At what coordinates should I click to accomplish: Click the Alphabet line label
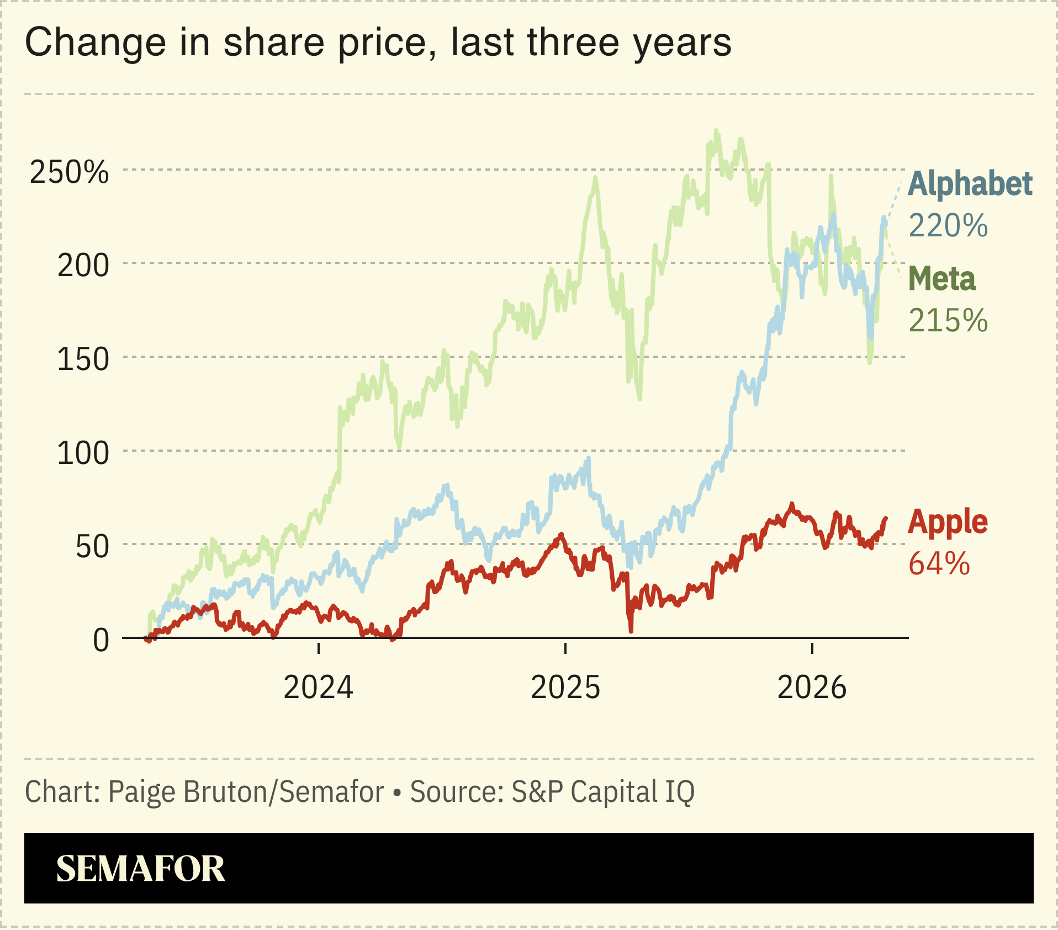click(x=970, y=184)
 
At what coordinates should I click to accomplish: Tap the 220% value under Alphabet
click(x=948, y=226)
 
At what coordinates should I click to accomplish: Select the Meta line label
click(x=941, y=279)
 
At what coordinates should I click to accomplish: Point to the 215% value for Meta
click(x=948, y=321)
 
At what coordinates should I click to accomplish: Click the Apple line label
click(x=948, y=522)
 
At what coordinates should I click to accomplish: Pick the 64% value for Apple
click(x=939, y=564)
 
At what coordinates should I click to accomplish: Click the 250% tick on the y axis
click(x=70, y=172)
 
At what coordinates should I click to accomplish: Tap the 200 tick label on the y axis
click(x=83, y=266)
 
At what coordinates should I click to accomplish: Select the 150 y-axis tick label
click(x=83, y=360)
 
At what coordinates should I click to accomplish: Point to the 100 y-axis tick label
click(x=83, y=453)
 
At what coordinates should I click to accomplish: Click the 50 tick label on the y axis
click(x=92, y=547)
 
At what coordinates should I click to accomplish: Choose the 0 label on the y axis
click(x=101, y=641)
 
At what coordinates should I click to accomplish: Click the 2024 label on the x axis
click(x=318, y=688)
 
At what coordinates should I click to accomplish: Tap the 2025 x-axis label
click(x=565, y=688)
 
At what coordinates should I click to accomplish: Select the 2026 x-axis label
click(x=812, y=688)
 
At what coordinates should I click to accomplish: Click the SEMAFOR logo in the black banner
click(x=140, y=869)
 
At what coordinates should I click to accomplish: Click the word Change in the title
click(x=95, y=43)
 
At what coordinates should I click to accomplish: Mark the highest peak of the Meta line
click(x=716, y=131)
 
